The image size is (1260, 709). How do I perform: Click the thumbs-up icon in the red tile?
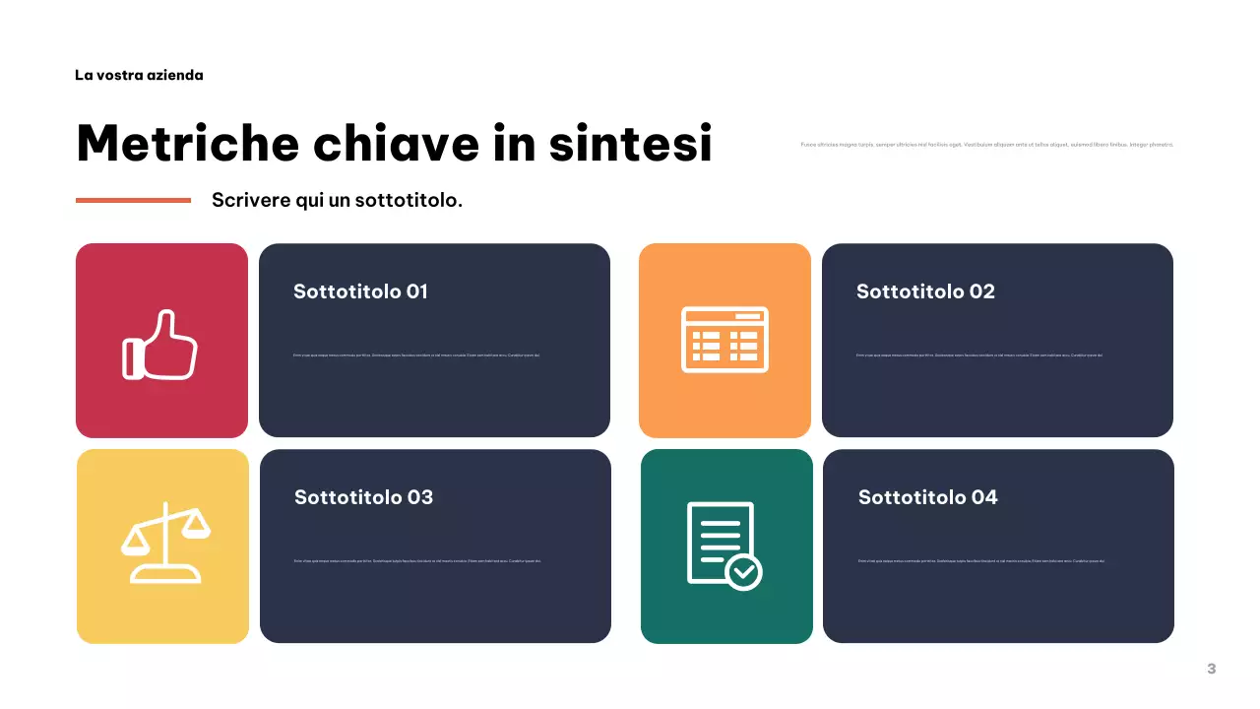pyautogui.click(x=160, y=345)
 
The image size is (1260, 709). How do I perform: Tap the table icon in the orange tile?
pyautogui.click(x=724, y=340)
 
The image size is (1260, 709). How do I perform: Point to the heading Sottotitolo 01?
pyautogui.click(x=360, y=291)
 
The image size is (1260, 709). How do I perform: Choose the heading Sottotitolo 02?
pyautogui.click(x=925, y=291)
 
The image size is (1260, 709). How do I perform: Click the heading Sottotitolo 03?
pyautogui.click(x=363, y=497)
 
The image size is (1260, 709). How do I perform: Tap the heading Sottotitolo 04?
pyautogui.click(x=927, y=497)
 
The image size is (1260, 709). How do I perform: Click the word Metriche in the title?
pyautogui.click(x=187, y=144)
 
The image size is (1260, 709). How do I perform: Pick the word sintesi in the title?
pyautogui.click(x=630, y=144)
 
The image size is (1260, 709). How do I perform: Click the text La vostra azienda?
pyautogui.click(x=139, y=75)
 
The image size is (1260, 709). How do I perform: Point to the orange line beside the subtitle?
pyautogui.click(x=133, y=200)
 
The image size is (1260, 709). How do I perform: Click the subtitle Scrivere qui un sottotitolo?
pyautogui.click(x=337, y=200)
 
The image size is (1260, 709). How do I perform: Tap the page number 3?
pyautogui.click(x=1211, y=669)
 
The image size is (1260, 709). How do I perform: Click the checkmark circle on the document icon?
pyautogui.click(x=743, y=570)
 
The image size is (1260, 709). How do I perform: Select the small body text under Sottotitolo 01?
pyautogui.click(x=416, y=355)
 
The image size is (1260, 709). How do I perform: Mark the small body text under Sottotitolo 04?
pyautogui.click(x=980, y=561)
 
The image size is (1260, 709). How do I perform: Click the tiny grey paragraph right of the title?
pyautogui.click(x=987, y=145)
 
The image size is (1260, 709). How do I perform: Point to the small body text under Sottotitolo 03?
pyautogui.click(x=416, y=561)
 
